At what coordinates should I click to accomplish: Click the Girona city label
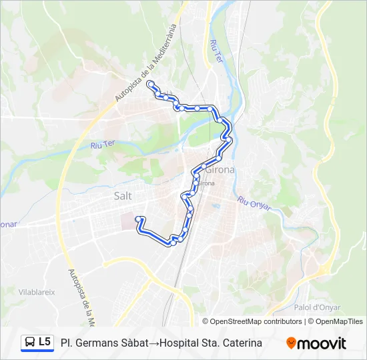coord(220,169)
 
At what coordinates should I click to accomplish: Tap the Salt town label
coord(123,196)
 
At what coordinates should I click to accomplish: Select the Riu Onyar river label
coord(254,203)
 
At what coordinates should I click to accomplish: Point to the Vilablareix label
coord(37,291)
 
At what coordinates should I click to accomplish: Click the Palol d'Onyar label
coord(317,307)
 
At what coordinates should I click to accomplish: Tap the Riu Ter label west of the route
coord(103,144)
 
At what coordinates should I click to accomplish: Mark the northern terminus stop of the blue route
coord(151,84)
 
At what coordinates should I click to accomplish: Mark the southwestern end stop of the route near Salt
coord(138,219)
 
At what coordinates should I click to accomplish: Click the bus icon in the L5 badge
coord(30,343)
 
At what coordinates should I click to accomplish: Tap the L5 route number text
coord(45,343)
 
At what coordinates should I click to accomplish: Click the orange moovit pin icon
coord(291,343)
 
